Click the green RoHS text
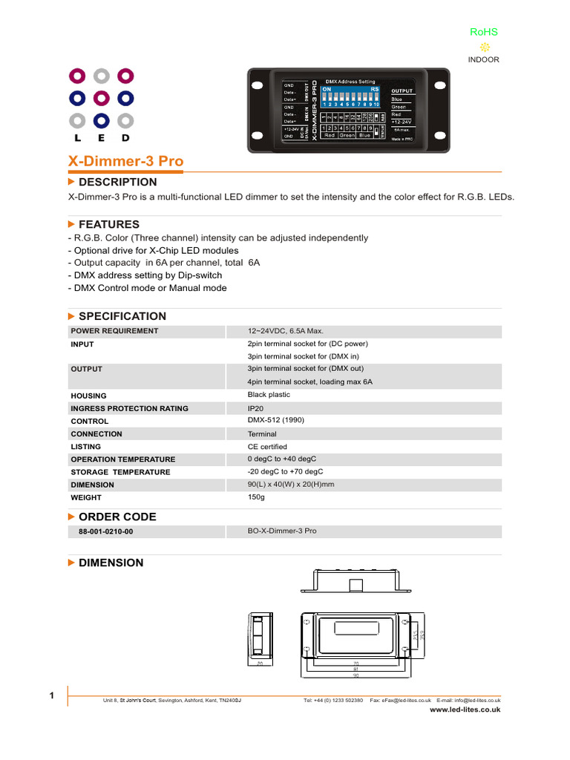coord(483,32)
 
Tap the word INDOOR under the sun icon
coord(484,59)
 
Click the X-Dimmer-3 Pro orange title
coord(125,161)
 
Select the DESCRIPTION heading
coord(117,182)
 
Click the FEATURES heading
coord(108,224)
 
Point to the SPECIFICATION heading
coord(122,316)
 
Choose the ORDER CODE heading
coord(117,517)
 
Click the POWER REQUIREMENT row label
coord(114,331)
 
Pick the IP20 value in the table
coord(256,408)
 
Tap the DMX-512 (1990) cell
coord(275,420)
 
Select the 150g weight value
coord(257,497)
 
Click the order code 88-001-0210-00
coord(106,532)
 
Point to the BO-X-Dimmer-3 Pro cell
coord(282,531)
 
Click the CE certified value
coord(267,447)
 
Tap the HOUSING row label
coord(88,396)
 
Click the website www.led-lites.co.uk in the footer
coord(465,710)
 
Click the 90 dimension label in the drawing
coord(356,675)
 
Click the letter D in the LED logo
coord(125,138)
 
